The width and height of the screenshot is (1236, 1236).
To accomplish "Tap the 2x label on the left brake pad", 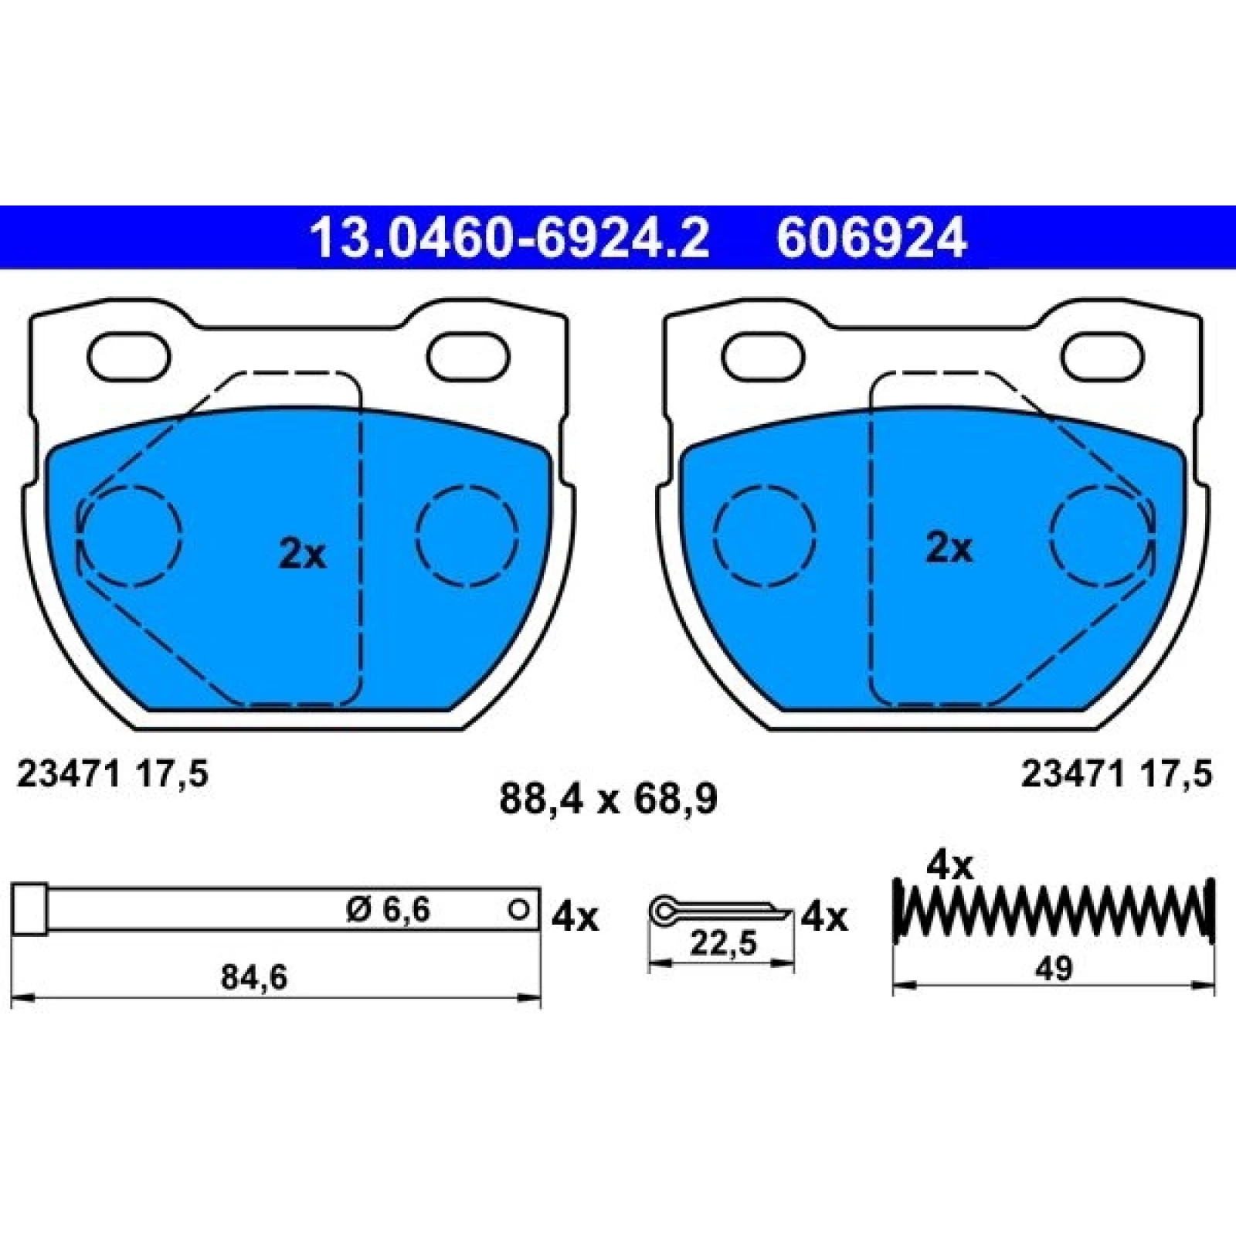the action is point(303,554).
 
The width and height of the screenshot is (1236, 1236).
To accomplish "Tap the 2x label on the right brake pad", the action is point(949,548).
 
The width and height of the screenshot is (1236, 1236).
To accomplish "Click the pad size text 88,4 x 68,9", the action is point(608,799).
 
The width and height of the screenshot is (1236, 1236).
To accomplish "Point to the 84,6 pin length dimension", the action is point(254,977).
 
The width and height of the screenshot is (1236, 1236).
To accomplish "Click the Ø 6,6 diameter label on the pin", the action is point(388,910).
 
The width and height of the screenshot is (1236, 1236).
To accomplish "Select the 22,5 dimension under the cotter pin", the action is point(722,943).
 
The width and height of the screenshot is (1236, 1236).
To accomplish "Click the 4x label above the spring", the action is point(949,867).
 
